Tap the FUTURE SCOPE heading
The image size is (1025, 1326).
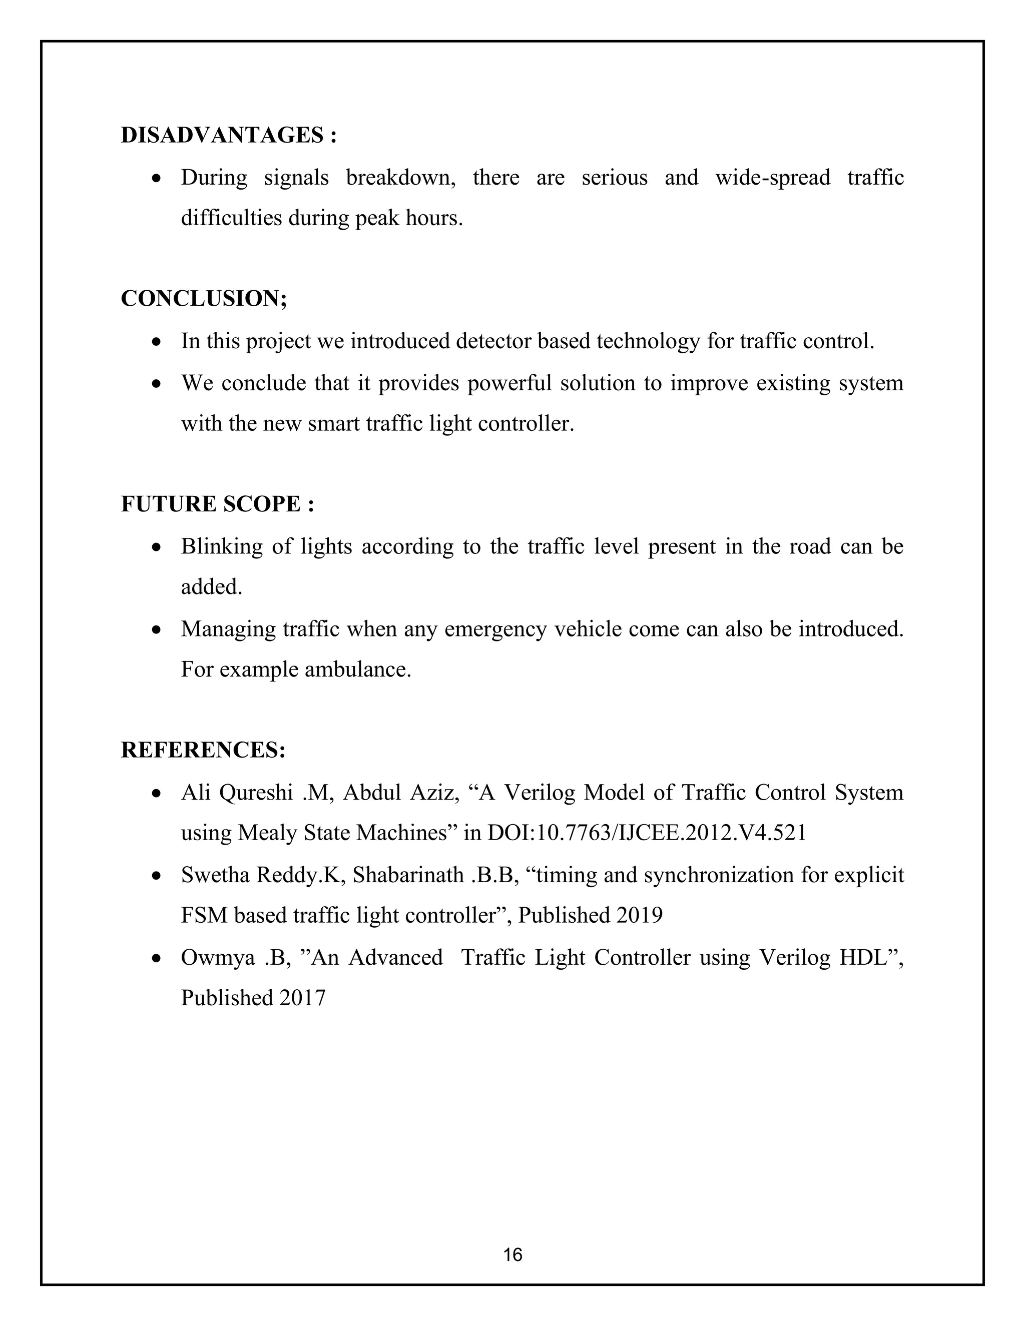[x=217, y=504]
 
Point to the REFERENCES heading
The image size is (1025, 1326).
[x=203, y=751]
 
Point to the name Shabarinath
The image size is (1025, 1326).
[x=408, y=875]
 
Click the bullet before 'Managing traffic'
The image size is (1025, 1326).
[x=157, y=630]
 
